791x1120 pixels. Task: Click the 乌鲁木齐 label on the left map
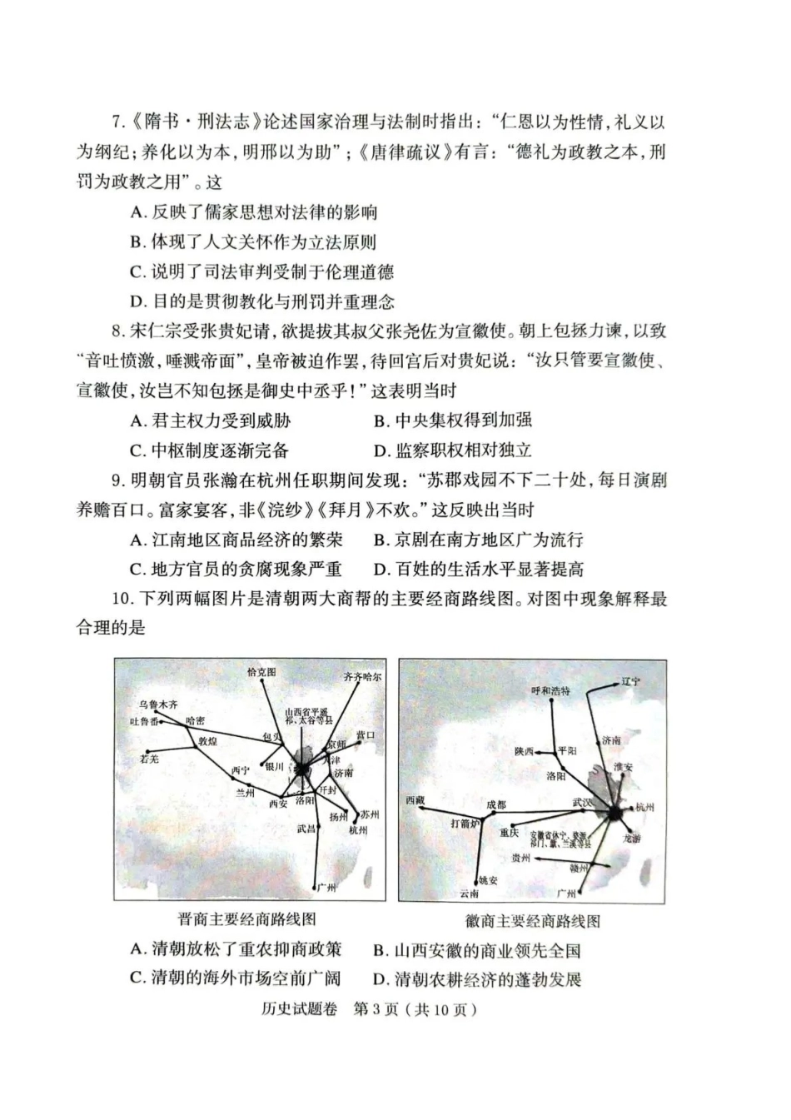(158, 704)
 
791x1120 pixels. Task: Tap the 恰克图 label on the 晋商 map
(261, 671)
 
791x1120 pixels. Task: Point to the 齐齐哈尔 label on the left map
(362, 677)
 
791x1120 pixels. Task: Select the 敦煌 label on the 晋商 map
(207, 739)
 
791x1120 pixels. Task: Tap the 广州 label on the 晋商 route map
(327, 888)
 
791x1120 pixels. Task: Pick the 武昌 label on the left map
(306, 829)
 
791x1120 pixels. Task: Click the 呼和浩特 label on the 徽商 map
(551, 690)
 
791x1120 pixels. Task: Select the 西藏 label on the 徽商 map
(415, 800)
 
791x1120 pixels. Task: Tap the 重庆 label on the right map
(510, 832)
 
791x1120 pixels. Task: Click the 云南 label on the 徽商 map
(470, 894)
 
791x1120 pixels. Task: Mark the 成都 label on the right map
(496, 804)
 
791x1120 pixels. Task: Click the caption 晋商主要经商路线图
(247, 919)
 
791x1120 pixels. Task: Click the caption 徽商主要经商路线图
(533, 921)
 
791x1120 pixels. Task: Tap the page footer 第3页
(378, 1009)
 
